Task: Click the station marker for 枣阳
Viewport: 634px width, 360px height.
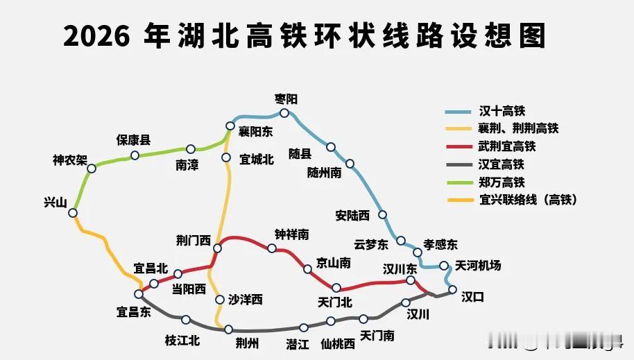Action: click(284, 113)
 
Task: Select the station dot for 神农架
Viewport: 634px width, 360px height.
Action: click(92, 168)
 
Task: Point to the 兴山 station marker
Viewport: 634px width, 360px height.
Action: click(73, 213)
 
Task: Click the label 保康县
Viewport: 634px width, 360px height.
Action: click(133, 139)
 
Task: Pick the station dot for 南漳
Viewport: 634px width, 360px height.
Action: click(191, 148)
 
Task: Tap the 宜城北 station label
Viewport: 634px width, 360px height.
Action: click(257, 158)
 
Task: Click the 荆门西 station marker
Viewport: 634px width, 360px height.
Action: click(217, 248)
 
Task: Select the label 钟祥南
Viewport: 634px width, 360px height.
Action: click(291, 235)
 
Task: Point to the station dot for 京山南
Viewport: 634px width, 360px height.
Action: click(308, 269)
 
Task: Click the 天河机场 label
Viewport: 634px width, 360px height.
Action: click(478, 266)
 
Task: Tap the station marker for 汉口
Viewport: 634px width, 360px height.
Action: click(452, 290)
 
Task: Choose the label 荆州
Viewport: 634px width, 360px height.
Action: click(247, 343)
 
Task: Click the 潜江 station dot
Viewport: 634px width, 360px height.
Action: click(304, 327)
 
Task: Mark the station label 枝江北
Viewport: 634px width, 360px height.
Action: click(182, 340)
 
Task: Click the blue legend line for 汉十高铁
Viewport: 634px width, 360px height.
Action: click(459, 111)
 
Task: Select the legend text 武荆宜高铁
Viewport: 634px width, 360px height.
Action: click(507, 147)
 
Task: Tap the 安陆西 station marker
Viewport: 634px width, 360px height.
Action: click(382, 215)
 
